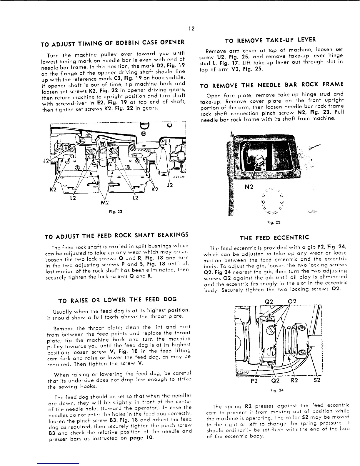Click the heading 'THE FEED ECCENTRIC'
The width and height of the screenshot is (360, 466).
274,238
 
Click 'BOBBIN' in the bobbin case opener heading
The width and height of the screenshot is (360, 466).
127,43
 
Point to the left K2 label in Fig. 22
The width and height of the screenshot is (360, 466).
53,190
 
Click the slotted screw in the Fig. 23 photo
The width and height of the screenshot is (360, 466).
259,159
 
